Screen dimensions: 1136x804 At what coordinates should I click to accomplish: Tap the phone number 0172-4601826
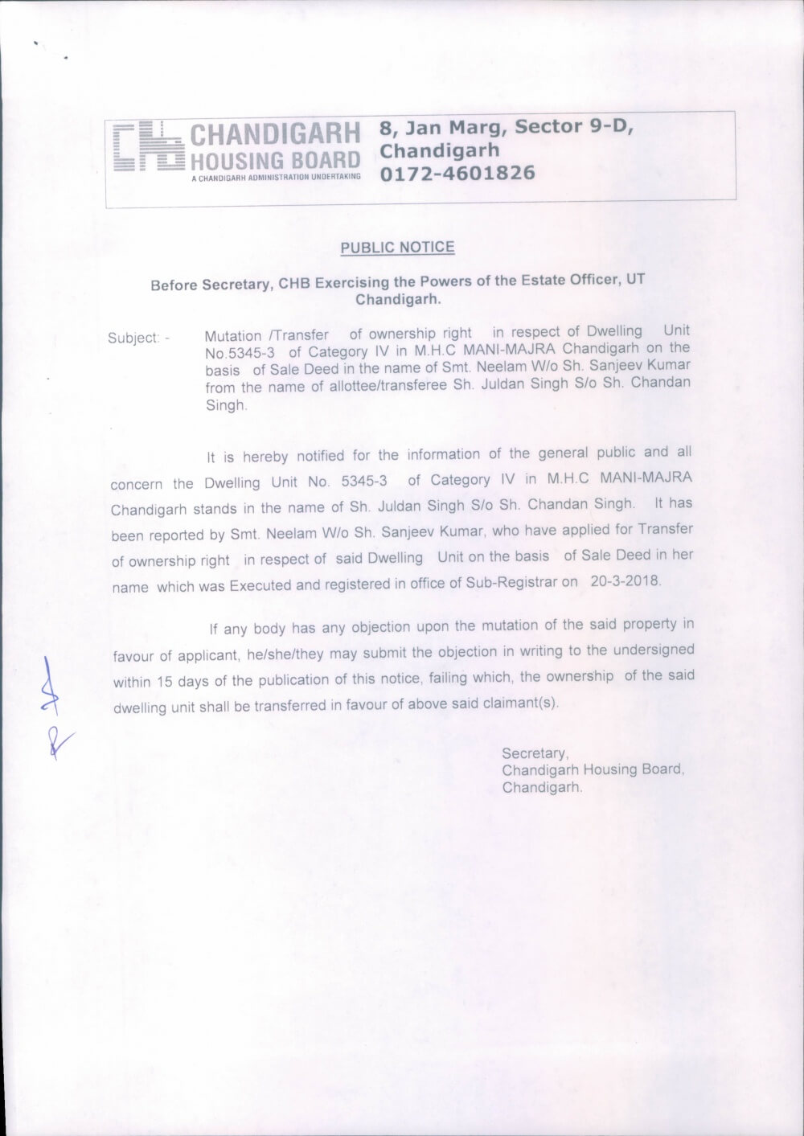click(457, 174)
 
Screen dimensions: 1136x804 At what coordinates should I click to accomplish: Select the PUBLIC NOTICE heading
click(397, 248)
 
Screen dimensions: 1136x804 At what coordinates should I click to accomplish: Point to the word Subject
click(133, 338)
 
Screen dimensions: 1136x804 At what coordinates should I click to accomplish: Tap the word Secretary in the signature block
click(535, 753)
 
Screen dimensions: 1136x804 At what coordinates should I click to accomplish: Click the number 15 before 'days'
click(165, 682)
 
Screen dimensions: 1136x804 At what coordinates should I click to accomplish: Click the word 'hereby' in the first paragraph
click(265, 457)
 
